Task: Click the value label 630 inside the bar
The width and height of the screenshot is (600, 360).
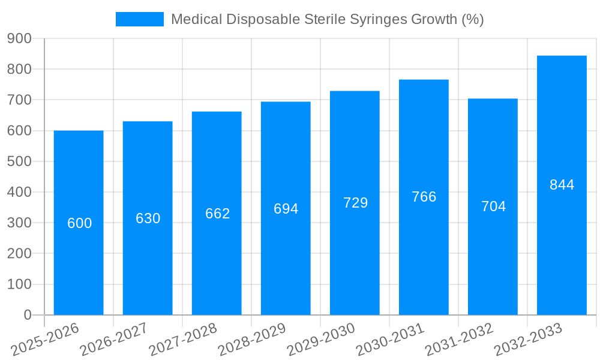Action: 148,218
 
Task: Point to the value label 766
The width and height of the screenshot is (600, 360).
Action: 424,197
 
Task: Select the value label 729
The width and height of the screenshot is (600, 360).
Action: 355,203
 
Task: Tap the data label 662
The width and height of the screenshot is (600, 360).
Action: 217,214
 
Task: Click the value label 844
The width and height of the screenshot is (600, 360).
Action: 562,185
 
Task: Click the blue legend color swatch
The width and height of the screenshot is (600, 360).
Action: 139,19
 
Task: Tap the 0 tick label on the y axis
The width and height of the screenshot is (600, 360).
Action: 27,315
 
